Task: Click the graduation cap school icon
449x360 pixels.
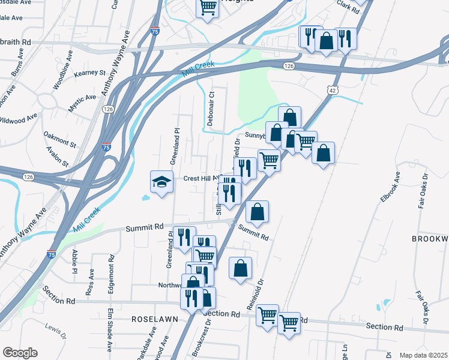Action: (161, 181)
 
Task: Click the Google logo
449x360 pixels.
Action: (19, 353)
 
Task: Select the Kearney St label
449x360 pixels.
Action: (89, 73)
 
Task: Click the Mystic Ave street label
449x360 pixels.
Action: (82, 98)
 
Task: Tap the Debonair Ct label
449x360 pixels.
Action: (211, 109)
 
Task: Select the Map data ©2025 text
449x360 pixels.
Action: (423, 355)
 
